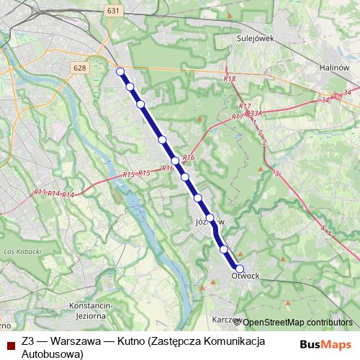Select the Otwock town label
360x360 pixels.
(246, 275)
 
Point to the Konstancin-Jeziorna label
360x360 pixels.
(91, 309)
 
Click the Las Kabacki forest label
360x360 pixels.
(19, 251)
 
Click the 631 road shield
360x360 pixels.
(112, 11)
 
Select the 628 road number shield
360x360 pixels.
(80, 67)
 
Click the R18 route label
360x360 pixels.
(229, 79)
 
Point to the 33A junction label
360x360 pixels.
(256, 113)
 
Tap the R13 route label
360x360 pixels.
(40, 192)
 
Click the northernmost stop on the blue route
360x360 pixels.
(120, 71)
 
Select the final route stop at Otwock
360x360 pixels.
(240, 269)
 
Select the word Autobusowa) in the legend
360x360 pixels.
(53, 354)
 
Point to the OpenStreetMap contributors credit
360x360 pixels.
(298, 322)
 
